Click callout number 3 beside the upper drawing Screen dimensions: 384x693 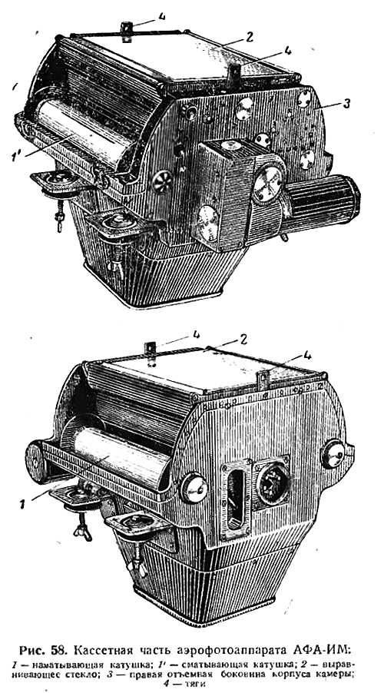(347, 104)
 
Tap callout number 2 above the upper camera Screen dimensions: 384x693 (250, 37)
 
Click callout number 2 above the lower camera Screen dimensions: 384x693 (243, 340)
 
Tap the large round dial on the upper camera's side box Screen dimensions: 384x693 (268, 182)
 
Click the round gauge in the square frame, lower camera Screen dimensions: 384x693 (273, 485)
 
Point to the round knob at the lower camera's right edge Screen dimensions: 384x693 (333, 453)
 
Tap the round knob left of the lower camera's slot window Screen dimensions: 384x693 (194, 488)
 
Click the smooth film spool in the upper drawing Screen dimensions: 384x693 (84, 132)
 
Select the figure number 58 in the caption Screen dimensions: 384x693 (58, 650)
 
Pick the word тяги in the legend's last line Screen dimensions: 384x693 (195, 685)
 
